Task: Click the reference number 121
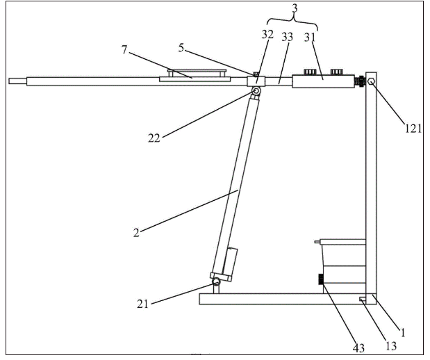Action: pyautogui.click(x=413, y=128)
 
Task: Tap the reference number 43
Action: pyautogui.click(x=358, y=347)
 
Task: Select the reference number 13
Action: pyautogui.click(x=391, y=346)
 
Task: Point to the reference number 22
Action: pyautogui.click(x=154, y=138)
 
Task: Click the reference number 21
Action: pyautogui.click(x=142, y=304)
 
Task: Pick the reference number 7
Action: pyautogui.click(x=124, y=49)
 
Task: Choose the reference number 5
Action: pyautogui.click(x=181, y=48)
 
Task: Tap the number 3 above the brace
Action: pyautogui.click(x=295, y=8)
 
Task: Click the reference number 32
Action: pyautogui.click(x=267, y=35)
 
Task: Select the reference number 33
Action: pyautogui.click(x=287, y=37)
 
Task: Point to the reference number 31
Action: pyautogui.click(x=310, y=38)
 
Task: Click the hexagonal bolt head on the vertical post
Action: pyautogui.click(x=371, y=81)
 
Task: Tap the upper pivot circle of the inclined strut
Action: pyautogui.click(x=256, y=90)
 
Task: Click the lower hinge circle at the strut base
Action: pyautogui.click(x=216, y=281)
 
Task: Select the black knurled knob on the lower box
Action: pyautogui.click(x=320, y=279)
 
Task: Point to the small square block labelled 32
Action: pyautogui.click(x=256, y=81)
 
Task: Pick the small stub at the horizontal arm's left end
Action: pyautogui.click(x=17, y=81)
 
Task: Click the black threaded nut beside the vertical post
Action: pyautogui.click(x=360, y=81)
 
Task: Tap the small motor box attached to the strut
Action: pyautogui.click(x=230, y=261)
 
